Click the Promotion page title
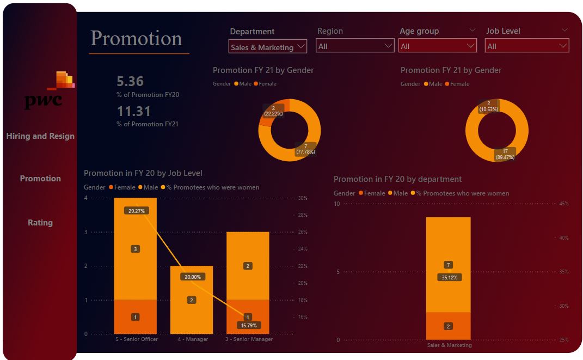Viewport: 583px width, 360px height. (136, 39)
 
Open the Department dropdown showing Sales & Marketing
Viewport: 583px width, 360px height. (267, 47)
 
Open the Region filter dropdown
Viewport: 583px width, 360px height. (355, 46)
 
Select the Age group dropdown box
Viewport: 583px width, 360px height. (438, 46)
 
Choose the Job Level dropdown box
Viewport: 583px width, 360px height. (526, 46)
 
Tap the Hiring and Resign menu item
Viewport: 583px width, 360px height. (40, 136)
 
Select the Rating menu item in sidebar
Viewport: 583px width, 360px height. (40, 222)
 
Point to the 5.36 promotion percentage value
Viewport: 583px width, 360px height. (130, 82)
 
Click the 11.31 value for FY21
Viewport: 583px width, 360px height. (133, 112)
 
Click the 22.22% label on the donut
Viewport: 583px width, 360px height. (273, 111)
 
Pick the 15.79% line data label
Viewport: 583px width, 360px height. (248, 325)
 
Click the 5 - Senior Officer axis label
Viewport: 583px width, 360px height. (136, 339)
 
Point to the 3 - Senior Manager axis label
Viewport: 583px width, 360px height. (248, 339)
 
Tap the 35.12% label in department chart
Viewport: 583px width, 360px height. (449, 277)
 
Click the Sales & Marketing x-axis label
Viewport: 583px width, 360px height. (449, 345)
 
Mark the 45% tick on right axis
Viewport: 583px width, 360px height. (564, 204)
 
